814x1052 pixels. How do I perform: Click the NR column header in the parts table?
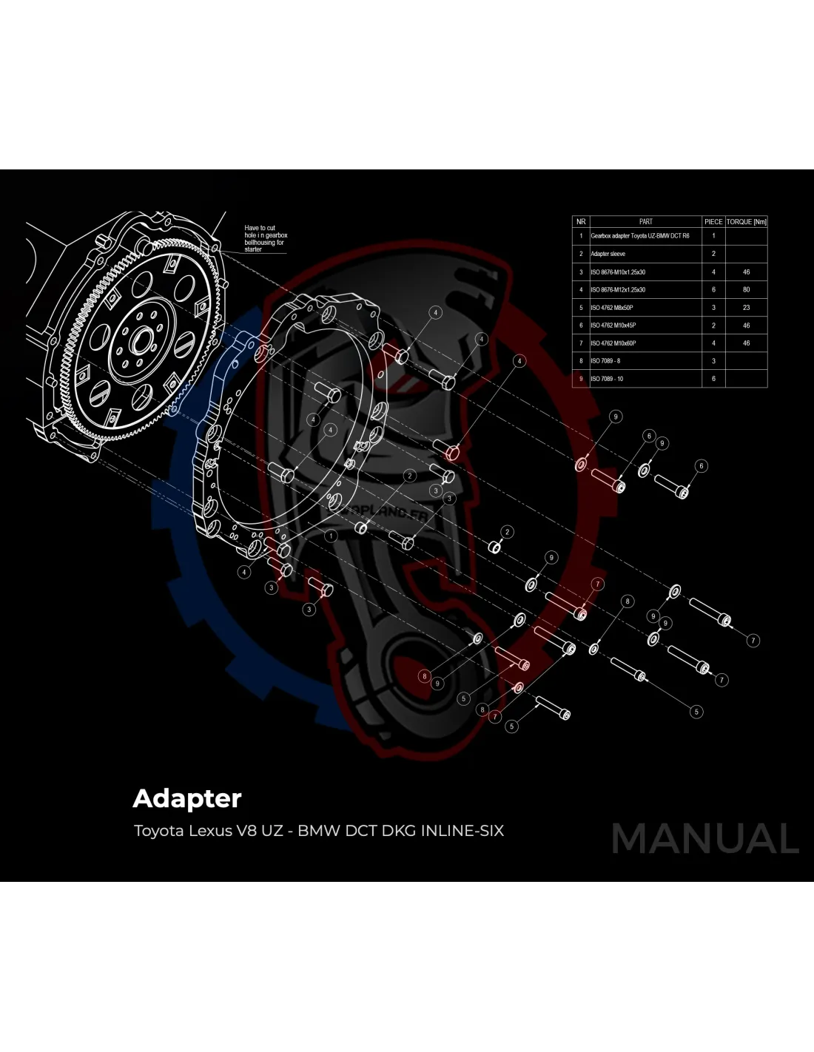[581, 221]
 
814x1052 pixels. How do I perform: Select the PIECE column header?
[713, 221]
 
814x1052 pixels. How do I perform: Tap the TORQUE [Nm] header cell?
[746, 221]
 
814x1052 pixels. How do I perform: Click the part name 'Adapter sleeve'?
[608, 254]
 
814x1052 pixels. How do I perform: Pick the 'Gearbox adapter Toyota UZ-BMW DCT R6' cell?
[639, 236]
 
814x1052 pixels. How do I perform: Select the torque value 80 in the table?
[746, 289]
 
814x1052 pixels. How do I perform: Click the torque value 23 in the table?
[746, 307]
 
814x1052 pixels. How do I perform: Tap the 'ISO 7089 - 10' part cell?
[607, 379]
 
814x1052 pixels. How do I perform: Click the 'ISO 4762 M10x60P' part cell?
[613, 343]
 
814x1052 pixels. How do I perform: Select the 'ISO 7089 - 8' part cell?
[605, 361]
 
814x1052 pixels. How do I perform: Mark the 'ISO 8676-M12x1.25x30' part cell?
[618, 289]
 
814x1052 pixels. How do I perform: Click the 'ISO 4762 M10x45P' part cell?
[613, 326]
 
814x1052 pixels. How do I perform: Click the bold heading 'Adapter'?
[187, 799]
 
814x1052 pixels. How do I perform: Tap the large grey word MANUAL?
[704, 839]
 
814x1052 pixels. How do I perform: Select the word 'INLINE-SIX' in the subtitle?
[462, 831]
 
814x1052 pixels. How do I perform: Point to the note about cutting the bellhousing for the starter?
[266, 238]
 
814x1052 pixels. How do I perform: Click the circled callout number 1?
[331, 535]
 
